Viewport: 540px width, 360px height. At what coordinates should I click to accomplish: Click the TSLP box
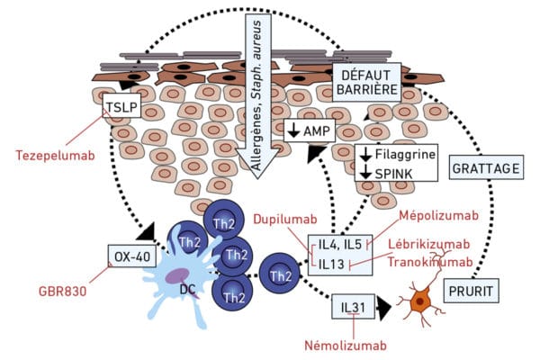[x=122, y=106]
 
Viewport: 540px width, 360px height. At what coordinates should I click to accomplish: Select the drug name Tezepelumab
[x=56, y=156]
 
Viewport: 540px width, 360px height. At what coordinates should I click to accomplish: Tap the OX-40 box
[x=132, y=256]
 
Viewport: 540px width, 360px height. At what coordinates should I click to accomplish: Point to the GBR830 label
[x=63, y=292]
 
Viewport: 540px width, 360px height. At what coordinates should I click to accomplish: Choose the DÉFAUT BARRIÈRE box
[x=367, y=82]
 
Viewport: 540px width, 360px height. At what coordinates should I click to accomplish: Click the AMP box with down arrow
[x=310, y=130]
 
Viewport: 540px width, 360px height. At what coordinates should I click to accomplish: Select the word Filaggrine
[x=405, y=154]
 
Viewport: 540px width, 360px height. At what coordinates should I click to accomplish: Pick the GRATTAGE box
[x=486, y=167]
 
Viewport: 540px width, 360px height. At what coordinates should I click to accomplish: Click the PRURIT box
[x=471, y=291]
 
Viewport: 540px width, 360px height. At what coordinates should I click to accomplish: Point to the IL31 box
[x=353, y=307]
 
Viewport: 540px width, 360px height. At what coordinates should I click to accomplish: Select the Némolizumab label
[x=346, y=346]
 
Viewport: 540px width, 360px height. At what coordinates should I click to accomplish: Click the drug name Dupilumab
[x=285, y=219]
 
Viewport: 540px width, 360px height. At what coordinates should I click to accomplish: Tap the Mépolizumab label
[x=439, y=215]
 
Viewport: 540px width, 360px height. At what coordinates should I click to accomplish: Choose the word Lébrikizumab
[x=429, y=244]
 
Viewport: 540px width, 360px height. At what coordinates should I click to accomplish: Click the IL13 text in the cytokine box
[x=331, y=265]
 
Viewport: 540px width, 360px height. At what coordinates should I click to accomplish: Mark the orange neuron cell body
[x=419, y=301]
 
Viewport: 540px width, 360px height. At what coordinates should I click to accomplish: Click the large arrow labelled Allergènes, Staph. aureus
[x=257, y=96]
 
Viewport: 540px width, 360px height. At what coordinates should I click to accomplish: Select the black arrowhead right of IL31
[x=384, y=308]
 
